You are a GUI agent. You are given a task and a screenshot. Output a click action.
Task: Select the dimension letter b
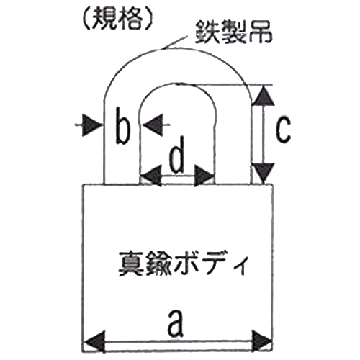pos(122,126)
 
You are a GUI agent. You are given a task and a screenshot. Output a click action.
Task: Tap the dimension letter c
pos(283,130)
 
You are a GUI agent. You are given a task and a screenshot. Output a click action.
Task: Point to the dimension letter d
pos(177,154)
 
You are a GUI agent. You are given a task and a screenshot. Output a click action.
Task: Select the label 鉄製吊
pos(233,32)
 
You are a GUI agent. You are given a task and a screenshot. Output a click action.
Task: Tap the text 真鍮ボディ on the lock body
pos(182,264)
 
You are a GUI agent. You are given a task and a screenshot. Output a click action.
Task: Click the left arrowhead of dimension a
pos(94,341)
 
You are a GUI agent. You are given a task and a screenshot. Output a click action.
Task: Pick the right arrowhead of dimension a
pos(262,341)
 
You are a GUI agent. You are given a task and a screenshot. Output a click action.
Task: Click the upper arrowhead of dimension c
pos(264,96)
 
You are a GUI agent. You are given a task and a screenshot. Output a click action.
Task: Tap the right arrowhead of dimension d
pos(204,176)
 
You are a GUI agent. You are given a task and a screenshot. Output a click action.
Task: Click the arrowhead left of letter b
pos(91,125)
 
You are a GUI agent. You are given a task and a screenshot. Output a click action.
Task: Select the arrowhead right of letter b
pos(153,125)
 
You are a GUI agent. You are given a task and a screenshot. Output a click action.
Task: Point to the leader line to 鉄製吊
pos(174,42)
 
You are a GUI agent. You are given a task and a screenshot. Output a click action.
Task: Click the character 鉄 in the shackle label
pos(207,32)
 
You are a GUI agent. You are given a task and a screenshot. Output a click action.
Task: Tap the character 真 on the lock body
pos(131,264)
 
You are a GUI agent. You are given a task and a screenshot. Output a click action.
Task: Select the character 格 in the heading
pos(130,19)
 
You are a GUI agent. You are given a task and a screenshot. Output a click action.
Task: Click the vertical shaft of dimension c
pos(264,135)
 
